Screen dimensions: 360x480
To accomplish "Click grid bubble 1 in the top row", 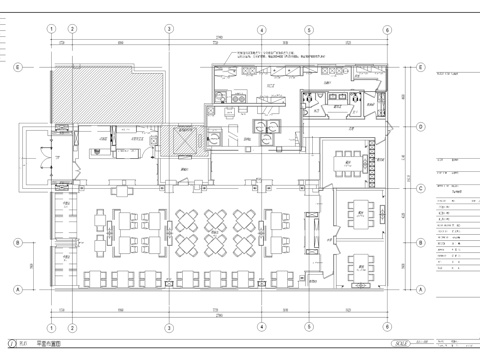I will [x=49, y=30].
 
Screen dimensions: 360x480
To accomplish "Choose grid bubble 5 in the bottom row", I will [x=322, y=324].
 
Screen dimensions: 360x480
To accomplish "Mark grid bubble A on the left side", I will [x=17, y=289].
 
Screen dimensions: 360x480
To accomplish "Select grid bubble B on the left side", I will [x=17, y=242].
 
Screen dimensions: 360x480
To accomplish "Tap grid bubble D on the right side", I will [x=419, y=127].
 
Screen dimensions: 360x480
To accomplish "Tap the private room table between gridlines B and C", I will [x=356, y=212].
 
